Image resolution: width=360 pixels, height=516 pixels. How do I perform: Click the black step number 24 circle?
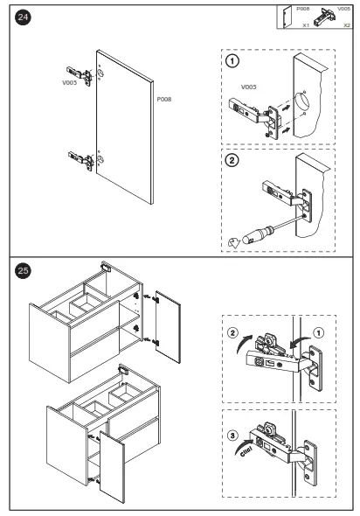[x=23, y=17]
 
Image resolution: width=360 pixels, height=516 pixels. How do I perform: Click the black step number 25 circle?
[x=23, y=270]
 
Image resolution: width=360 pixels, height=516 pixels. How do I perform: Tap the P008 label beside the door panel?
[x=164, y=99]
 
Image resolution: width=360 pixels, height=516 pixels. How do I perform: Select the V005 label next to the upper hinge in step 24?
[x=69, y=82]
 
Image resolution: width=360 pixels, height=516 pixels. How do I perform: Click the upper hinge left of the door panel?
[x=80, y=75]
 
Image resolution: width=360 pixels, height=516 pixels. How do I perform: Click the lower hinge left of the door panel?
[x=81, y=160]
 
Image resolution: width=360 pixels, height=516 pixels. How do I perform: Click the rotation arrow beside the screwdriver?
[x=234, y=242]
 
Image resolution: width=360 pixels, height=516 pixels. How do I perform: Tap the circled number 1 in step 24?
[x=232, y=61]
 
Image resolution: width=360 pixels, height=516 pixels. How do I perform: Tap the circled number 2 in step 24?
[x=232, y=160]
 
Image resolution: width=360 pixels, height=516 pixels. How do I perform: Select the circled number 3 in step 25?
[x=232, y=436]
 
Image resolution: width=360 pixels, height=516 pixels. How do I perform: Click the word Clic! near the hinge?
[x=246, y=450]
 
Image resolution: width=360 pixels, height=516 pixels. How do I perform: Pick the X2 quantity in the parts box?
[x=347, y=25]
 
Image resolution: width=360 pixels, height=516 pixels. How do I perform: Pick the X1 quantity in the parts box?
[x=306, y=25]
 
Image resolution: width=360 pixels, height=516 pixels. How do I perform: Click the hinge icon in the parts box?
[x=324, y=17]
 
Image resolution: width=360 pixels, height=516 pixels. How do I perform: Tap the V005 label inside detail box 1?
[x=248, y=87]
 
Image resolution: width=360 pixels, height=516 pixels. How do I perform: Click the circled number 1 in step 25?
[x=318, y=332]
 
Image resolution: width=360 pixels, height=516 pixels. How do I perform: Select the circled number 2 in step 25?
[x=232, y=332]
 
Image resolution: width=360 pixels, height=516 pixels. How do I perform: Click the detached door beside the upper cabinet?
[x=168, y=327]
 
